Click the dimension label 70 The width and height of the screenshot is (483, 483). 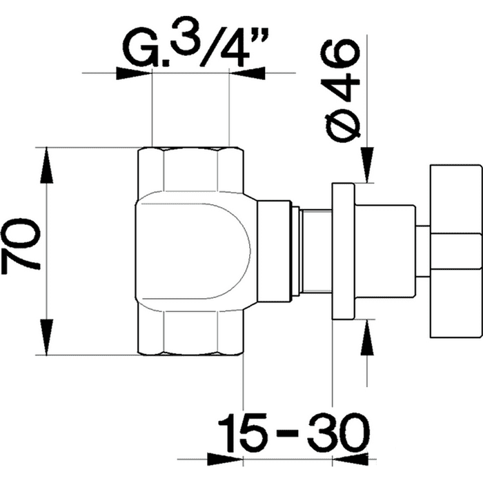(x=21, y=244)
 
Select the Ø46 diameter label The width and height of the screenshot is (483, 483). (x=339, y=91)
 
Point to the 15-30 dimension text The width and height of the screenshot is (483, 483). (x=293, y=433)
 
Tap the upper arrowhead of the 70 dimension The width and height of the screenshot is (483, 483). (x=46, y=166)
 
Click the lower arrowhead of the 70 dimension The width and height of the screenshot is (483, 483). (x=46, y=337)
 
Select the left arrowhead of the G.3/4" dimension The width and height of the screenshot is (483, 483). (x=135, y=73)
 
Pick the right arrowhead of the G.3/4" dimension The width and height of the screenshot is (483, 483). (x=247, y=73)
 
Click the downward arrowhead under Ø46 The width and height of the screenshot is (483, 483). (x=366, y=165)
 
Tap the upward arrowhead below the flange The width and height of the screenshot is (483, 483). (x=366, y=337)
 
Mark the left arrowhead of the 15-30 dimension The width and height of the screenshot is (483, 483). (x=225, y=460)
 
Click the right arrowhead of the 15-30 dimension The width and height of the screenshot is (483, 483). (x=351, y=460)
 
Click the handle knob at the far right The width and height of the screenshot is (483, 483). (x=455, y=251)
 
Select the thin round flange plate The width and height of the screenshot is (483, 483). (x=343, y=251)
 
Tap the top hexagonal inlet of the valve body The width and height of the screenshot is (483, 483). (x=190, y=170)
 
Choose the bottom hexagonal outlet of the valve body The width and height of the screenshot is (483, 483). (x=190, y=333)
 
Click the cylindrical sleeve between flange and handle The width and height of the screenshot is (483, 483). (x=385, y=251)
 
